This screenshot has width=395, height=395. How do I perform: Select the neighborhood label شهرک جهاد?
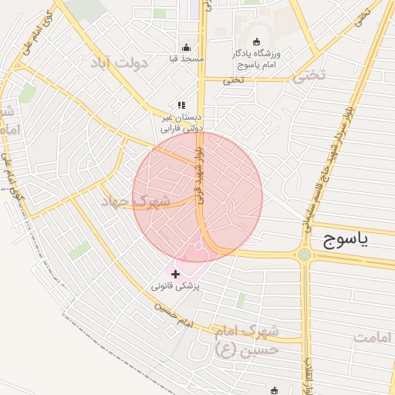point(134,201)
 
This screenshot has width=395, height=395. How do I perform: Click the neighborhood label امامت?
point(373,337)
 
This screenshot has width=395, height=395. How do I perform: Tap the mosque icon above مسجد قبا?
point(185,46)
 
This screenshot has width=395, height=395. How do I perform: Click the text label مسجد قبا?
point(186,59)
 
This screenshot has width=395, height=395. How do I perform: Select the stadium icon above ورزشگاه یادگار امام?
point(257,42)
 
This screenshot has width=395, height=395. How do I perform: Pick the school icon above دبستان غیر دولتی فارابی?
point(181,105)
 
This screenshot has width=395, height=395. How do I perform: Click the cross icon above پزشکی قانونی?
point(175,274)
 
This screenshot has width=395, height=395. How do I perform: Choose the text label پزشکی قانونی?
point(177,286)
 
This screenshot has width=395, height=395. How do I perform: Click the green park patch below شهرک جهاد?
point(79,250)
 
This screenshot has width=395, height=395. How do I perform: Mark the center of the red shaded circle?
point(197,197)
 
